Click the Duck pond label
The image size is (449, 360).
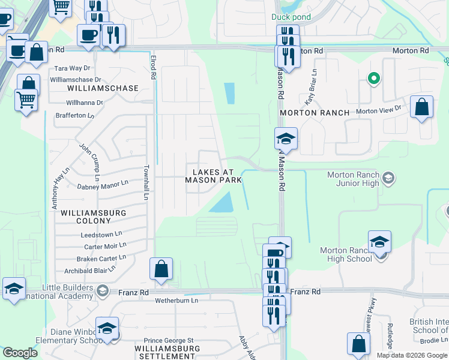[x=291, y=17]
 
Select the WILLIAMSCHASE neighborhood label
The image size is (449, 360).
[x=103, y=88]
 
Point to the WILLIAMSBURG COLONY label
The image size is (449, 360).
[x=94, y=217]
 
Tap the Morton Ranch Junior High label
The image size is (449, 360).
[x=353, y=179]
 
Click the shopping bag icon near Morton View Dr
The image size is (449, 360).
[x=423, y=108]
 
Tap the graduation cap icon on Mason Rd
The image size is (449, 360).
[x=286, y=139]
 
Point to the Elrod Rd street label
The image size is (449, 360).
[x=154, y=67]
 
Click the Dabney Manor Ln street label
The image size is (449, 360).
[x=103, y=185]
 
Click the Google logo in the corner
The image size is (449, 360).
[x=20, y=353]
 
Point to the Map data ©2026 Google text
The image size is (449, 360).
[x=412, y=355]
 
